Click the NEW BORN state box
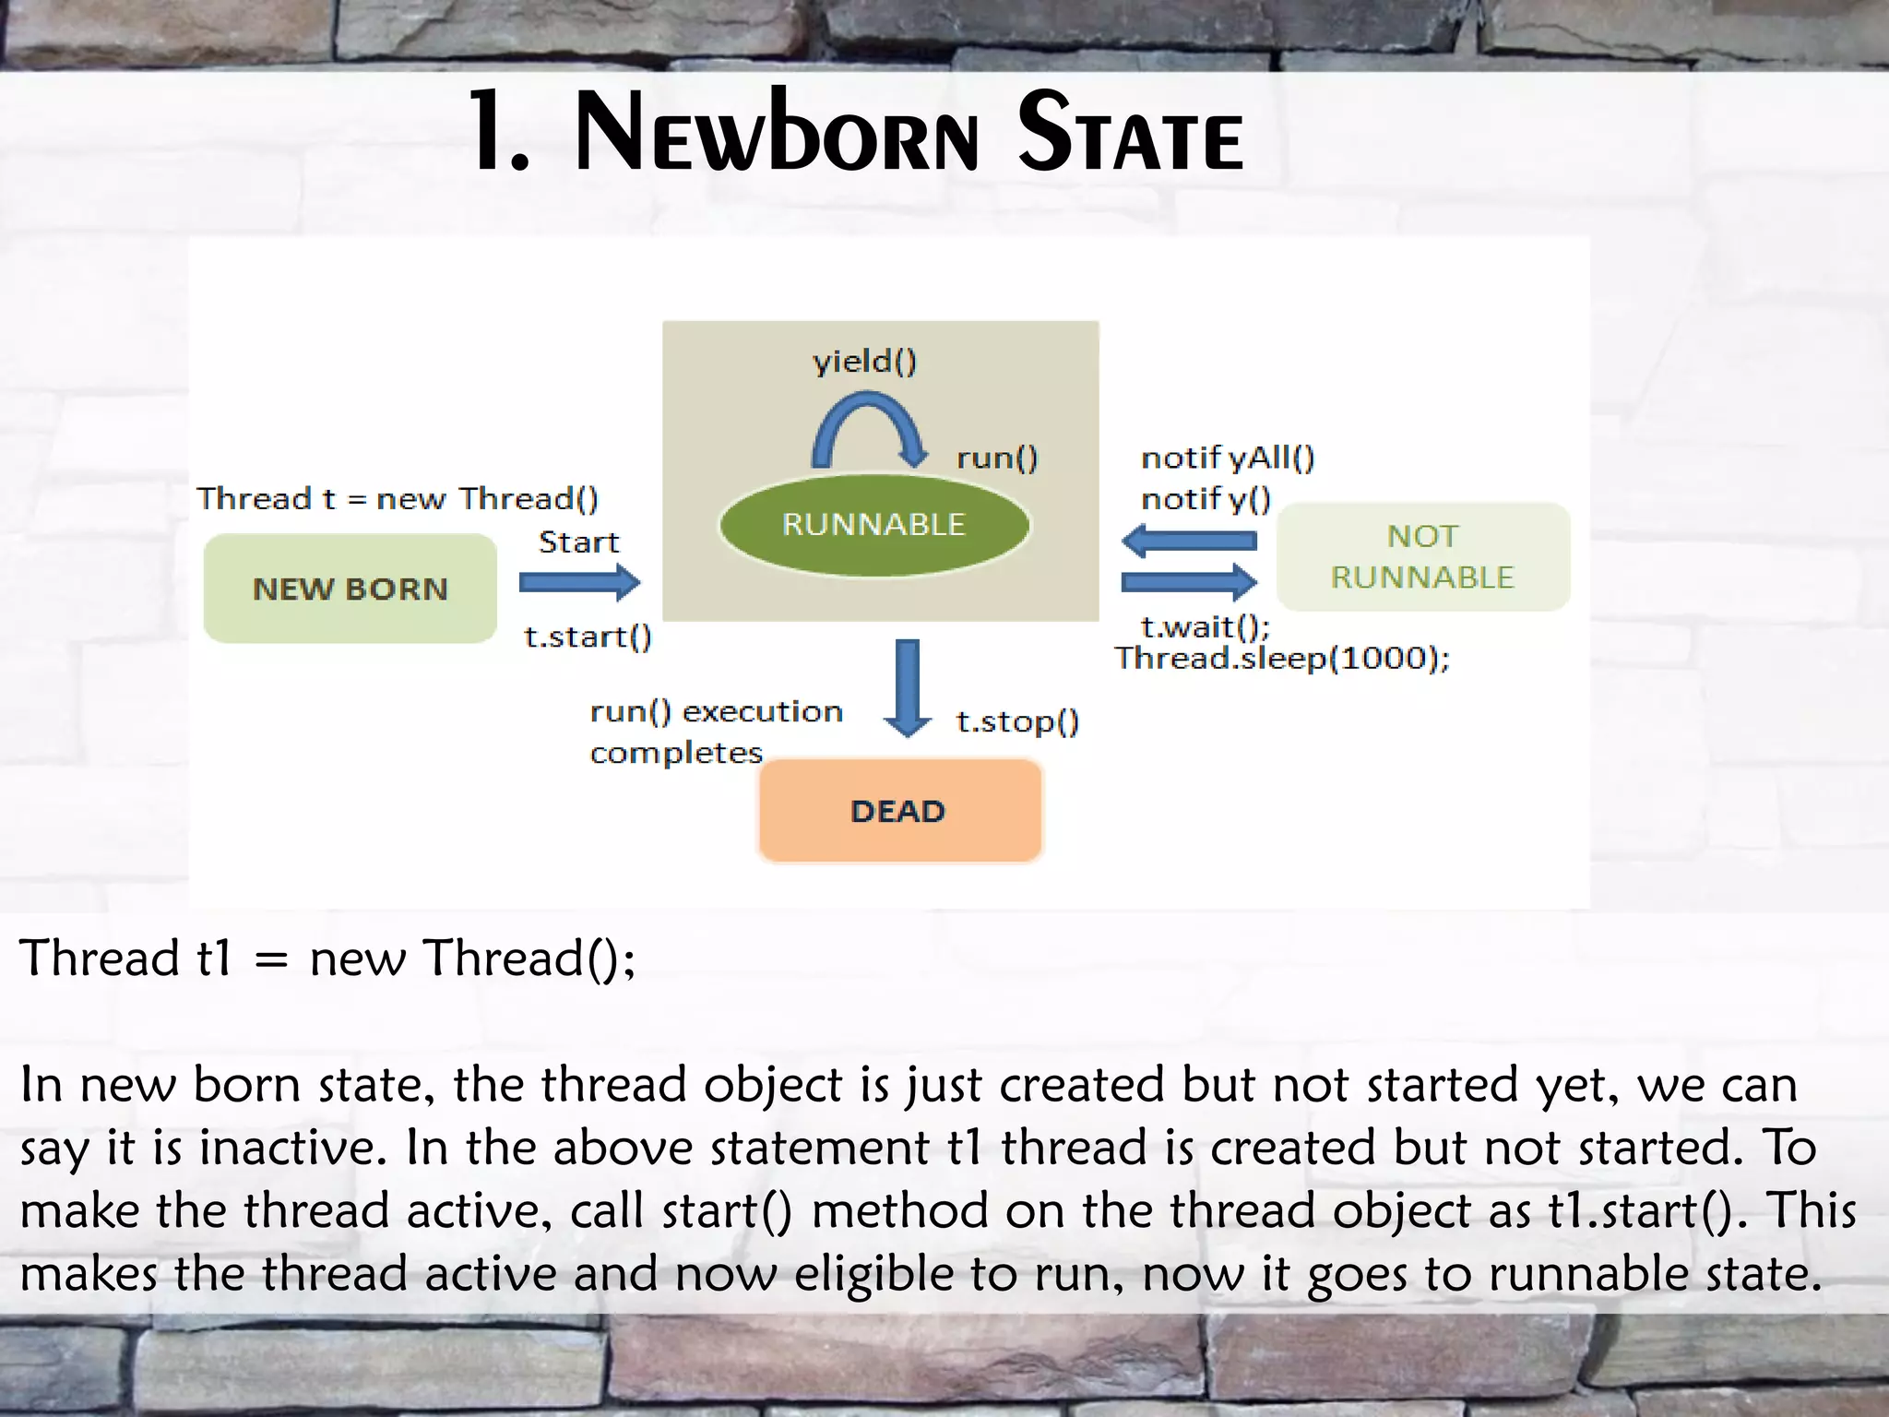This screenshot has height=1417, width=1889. click(350, 589)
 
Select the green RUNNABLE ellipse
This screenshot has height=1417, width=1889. click(873, 525)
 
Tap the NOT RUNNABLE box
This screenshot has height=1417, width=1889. click(1422, 557)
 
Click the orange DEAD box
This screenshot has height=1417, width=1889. click(899, 811)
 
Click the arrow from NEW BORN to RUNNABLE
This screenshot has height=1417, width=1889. click(579, 582)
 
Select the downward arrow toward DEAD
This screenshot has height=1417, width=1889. click(908, 687)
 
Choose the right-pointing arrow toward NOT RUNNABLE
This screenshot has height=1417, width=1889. click(1188, 582)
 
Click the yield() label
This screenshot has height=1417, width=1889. click(864, 361)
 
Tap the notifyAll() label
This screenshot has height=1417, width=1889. click(1228, 458)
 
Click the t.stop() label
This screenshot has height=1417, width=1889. click(1017, 721)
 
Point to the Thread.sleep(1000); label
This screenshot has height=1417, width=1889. click(1282, 659)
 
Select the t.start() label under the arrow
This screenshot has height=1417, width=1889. click(588, 637)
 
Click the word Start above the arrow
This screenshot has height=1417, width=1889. click(578, 542)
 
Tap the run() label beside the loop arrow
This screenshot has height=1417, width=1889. click(997, 458)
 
